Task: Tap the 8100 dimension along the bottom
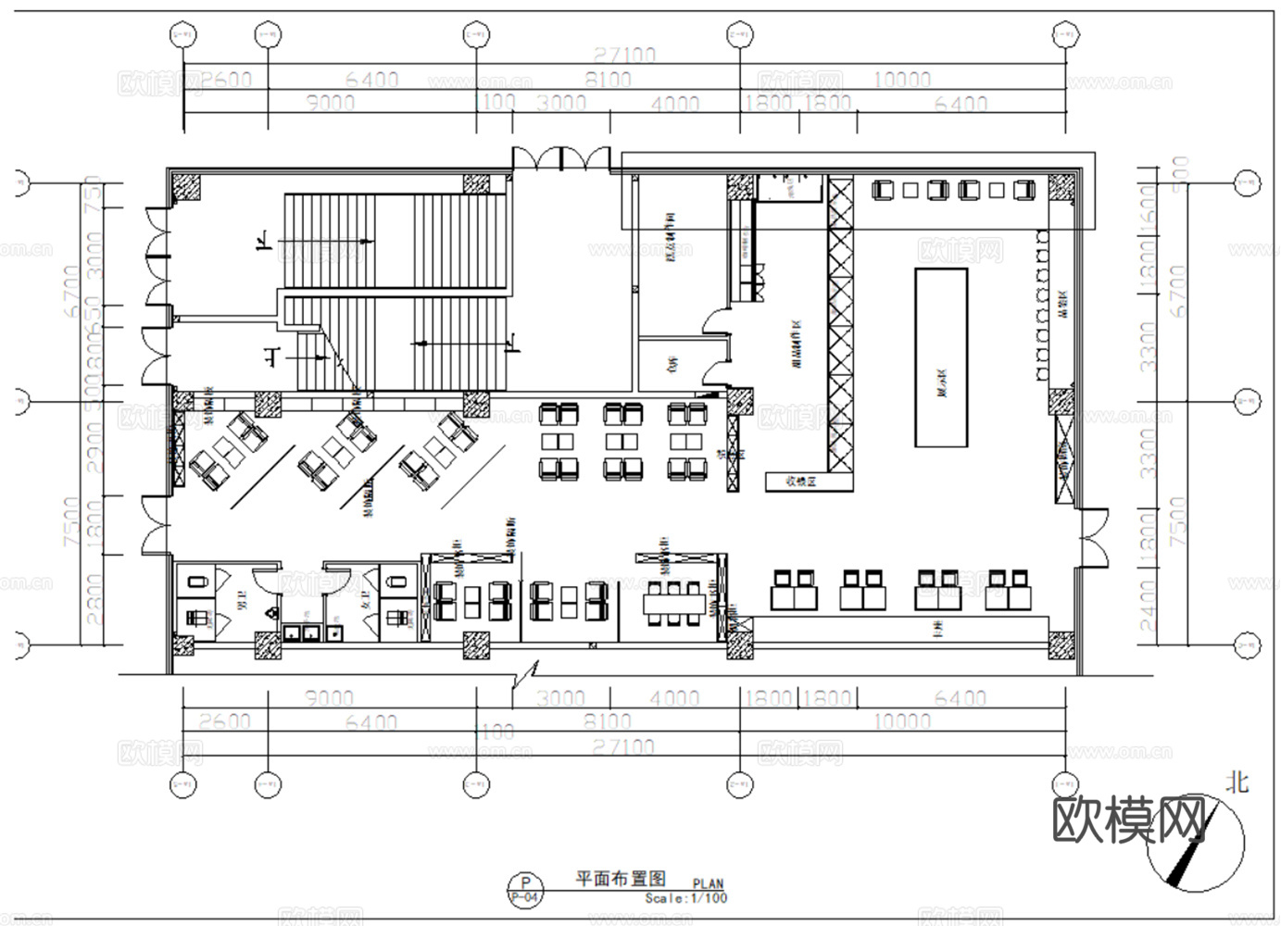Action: (607, 721)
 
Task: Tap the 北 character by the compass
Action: (1237, 782)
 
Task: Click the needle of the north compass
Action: (1182, 865)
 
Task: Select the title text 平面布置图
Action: (621, 878)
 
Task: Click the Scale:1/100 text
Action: (686, 898)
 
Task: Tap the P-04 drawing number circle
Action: (525, 890)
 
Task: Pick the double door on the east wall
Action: (1094, 537)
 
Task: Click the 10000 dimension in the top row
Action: (900, 80)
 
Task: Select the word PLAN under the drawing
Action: (709, 885)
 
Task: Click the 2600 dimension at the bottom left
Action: (224, 721)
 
